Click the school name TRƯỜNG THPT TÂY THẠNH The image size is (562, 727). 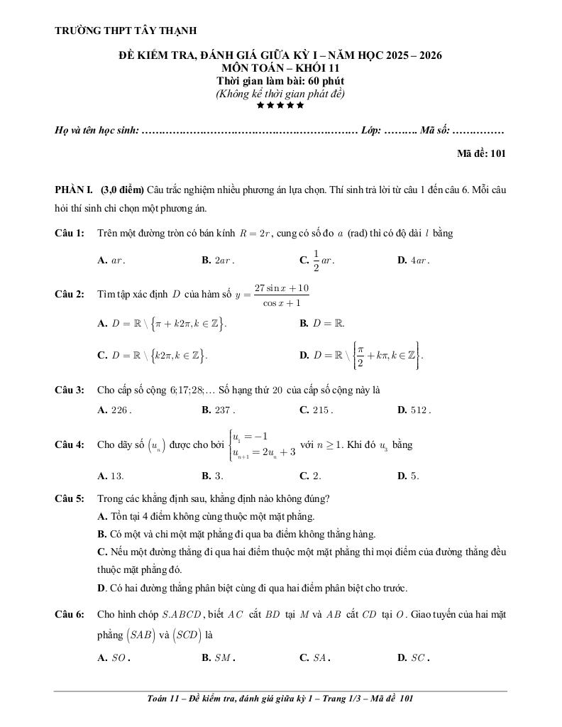[126, 31]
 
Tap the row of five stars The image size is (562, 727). [280, 105]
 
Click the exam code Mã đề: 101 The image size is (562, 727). [481, 153]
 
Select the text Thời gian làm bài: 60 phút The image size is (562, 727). [280, 81]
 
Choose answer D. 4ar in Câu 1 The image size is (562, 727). [414, 261]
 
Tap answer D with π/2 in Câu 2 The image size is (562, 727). [361, 355]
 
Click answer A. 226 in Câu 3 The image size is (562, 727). [114, 410]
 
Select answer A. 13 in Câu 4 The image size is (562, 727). [111, 476]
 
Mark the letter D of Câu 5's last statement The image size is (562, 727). [101, 588]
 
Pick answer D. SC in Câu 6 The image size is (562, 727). [414, 657]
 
